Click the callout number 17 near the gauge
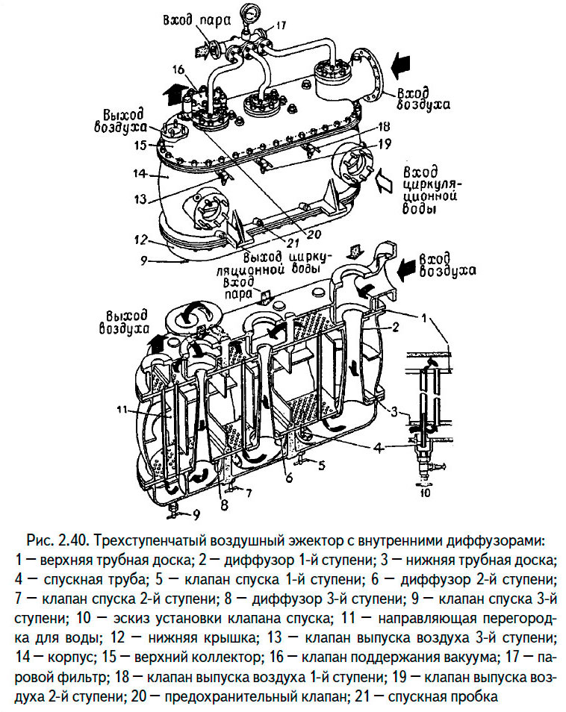click(x=281, y=25)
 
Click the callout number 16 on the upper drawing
click(x=177, y=70)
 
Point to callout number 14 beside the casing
click(x=137, y=174)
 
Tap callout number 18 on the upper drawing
click(x=385, y=126)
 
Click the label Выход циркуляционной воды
click(x=286, y=262)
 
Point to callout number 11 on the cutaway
click(x=125, y=408)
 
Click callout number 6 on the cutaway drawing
click(x=286, y=476)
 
